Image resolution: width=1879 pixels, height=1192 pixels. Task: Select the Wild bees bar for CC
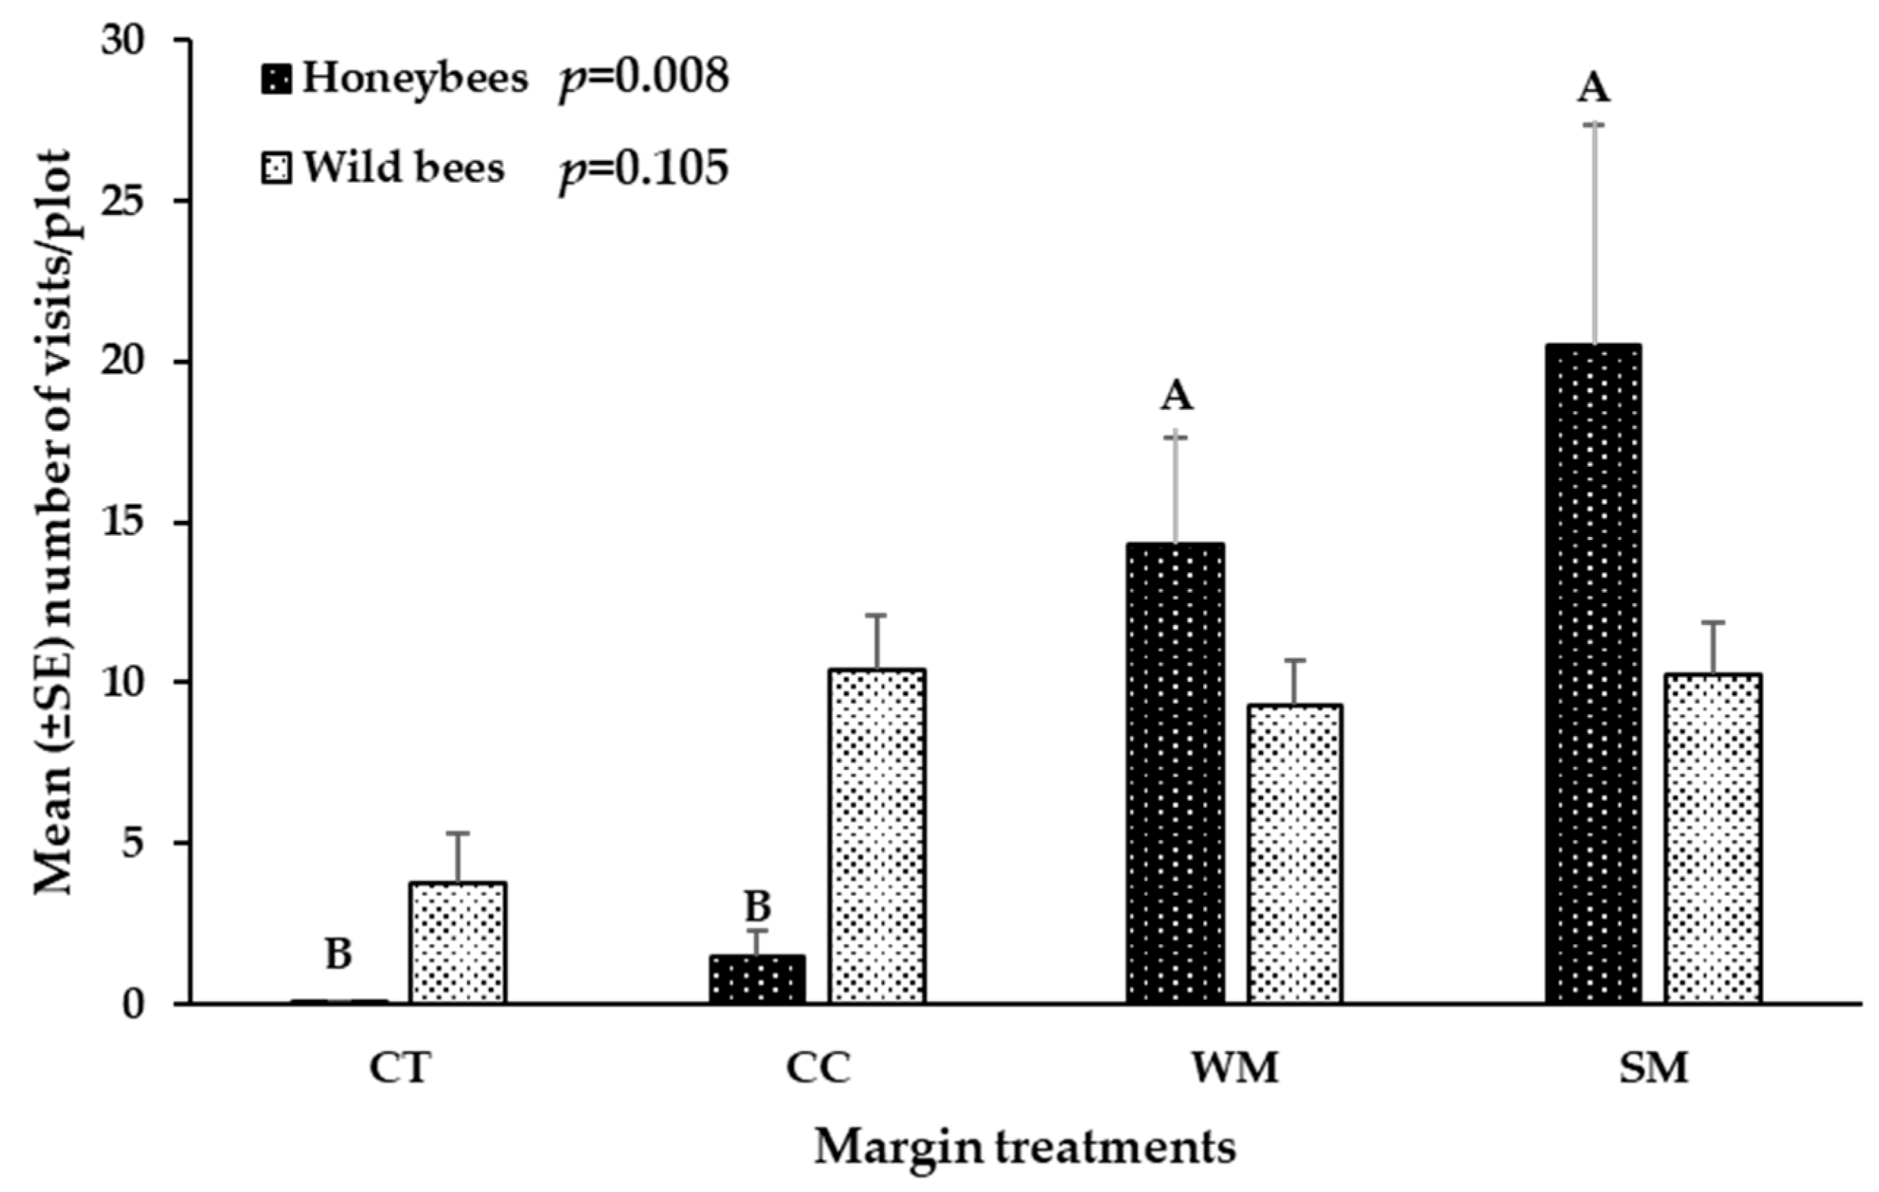coord(877,836)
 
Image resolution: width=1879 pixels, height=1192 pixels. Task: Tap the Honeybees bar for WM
coord(1175,772)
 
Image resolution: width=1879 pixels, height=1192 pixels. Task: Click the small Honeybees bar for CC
coord(757,979)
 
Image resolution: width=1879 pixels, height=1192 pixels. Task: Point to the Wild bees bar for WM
coord(1294,853)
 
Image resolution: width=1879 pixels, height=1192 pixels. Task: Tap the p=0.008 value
coord(643,78)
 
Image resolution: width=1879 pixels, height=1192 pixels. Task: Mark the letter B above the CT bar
coord(338,953)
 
